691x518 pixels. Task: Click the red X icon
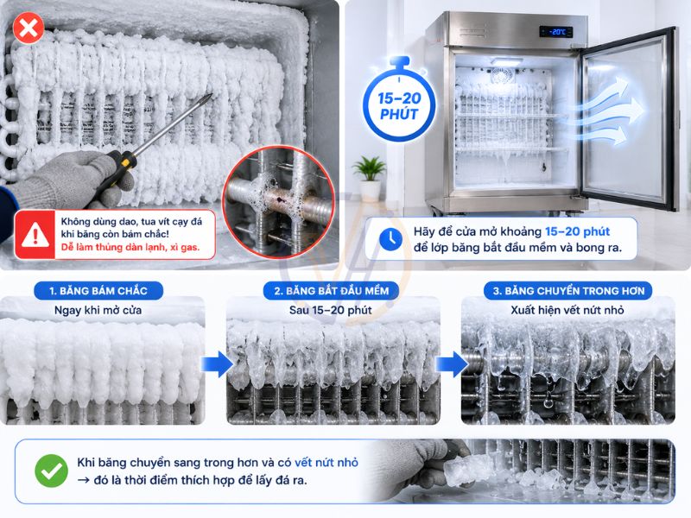29,28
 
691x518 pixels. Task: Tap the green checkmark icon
51,471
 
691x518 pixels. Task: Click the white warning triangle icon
35,235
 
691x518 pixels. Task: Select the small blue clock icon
390,239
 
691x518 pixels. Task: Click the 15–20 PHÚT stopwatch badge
399,99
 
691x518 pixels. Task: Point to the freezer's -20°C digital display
556,32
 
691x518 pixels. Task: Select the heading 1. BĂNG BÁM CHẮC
98,291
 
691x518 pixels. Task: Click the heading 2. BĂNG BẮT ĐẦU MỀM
332,291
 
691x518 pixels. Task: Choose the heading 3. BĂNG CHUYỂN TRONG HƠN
568,291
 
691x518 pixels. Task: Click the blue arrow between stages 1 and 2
217,364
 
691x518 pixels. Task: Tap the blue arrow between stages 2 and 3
452,364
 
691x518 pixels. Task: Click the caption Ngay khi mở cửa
98,310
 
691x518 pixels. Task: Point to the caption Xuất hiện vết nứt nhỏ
567,310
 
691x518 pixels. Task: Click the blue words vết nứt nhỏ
326,463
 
